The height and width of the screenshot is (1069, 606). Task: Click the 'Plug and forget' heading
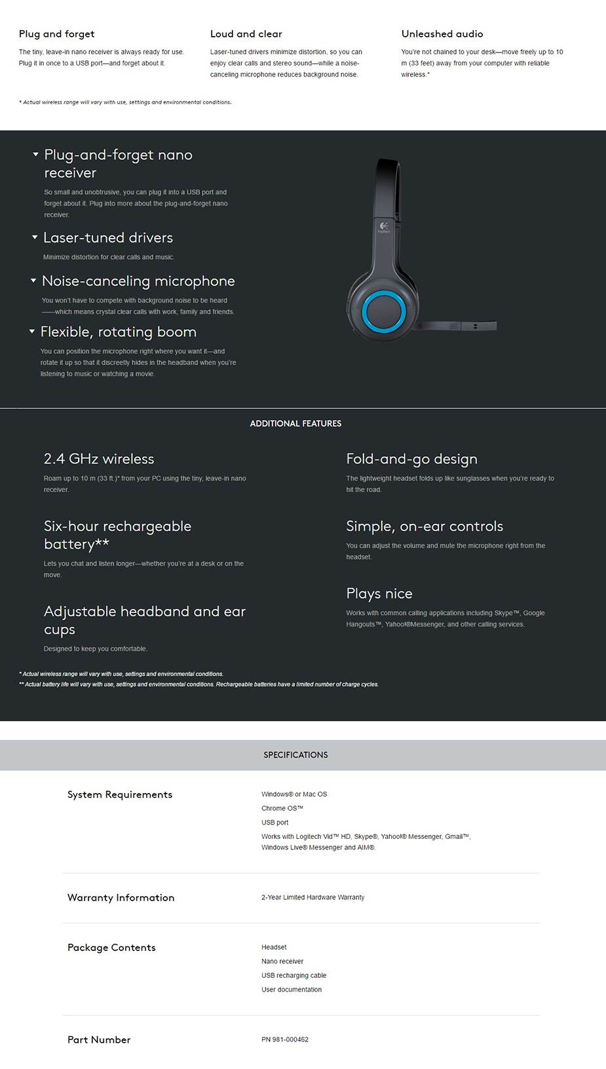pyautogui.click(x=56, y=34)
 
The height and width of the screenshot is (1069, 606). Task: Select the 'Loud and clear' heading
pyautogui.click(x=246, y=34)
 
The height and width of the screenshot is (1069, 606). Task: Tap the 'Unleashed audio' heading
pyautogui.click(x=442, y=34)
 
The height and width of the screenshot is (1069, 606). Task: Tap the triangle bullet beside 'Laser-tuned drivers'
pyautogui.click(x=35, y=237)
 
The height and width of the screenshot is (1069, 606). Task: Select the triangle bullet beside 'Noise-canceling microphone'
pyautogui.click(x=33, y=281)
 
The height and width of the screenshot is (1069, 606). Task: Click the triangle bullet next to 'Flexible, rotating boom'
pyautogui.click(x=32, y=332)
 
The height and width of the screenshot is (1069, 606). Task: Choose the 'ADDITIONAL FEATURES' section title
pyautogui.click(x=295, y=424)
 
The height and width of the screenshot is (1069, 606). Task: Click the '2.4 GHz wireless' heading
pyautogui.click(x=99, y=459)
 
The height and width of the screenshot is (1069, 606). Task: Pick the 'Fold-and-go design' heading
pyautogui.click(x=411, y=459)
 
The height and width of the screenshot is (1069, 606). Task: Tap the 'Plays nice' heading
pyautogui.click(x=379, y=594)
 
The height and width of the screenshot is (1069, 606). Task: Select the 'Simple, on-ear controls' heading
pyautogui.click(x=425, y=526)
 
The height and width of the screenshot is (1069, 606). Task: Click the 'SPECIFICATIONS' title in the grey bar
pyautogui.click(x=295, y=755)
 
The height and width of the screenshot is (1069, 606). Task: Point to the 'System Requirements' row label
pyautogui.click(x=120, y=794)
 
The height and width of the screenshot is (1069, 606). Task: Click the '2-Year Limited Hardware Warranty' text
pyautogui.click(x=312, y=897)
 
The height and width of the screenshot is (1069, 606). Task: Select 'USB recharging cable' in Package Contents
pyautogui.click(x=294, y=975)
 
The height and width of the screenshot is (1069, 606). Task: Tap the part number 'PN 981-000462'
pyautogui.click(x=285, y=1040)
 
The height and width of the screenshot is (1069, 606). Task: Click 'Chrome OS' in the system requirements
pyautogui.click(x=282, y=808)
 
